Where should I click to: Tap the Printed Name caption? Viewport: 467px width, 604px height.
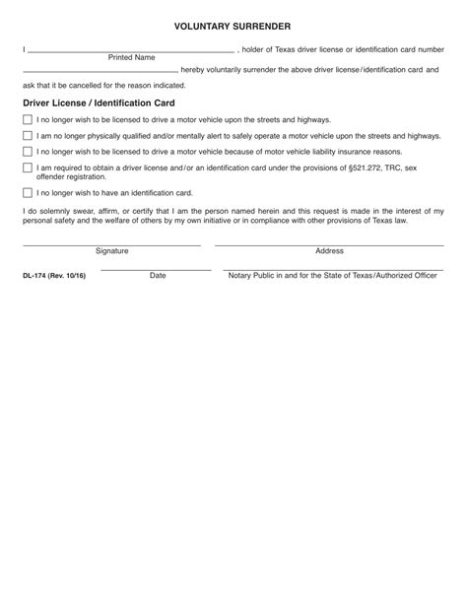tap(131, 58)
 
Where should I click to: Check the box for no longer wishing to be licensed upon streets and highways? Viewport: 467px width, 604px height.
tap(28, 118)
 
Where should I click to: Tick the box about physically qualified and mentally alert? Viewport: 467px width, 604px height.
tap(28, 135)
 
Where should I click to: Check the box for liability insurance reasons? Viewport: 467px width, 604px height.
tap(28, 152)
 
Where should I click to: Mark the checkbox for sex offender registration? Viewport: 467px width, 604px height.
tap(28, 168)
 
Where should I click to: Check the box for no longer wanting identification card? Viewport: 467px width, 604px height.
tap(28, 193)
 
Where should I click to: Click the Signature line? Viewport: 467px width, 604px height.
tap(111, 244)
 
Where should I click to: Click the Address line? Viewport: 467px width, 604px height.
tap(328, 244)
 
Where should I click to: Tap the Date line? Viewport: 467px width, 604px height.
tap(156, 269)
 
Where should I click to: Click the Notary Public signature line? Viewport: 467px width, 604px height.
tap(331, 269)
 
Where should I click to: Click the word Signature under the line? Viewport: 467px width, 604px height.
tap(111, 252)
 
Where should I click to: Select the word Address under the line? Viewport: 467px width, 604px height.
tap(329, 252)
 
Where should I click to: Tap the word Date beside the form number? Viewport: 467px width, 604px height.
tap(158, 277)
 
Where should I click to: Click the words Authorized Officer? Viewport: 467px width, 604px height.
tap(405, 277)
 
